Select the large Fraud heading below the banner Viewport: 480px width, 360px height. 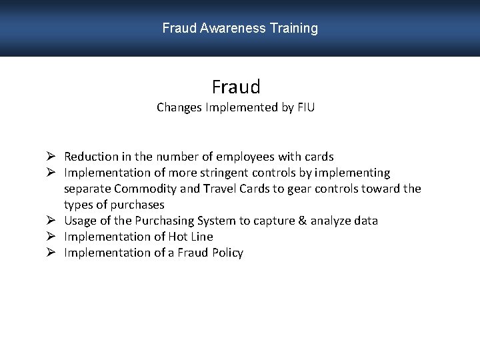(x=236, y=87)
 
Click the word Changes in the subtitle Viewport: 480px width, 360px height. (x=179, y=107)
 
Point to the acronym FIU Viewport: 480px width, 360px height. (x=305, y=107)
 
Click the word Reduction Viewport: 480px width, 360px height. (x=91, y=157)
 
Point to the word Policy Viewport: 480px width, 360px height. (x=227, y=253)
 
